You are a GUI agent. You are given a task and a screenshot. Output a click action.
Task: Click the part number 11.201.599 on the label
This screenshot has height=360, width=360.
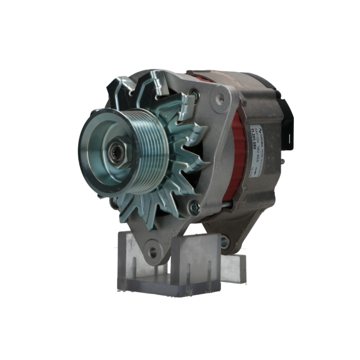[253, 143]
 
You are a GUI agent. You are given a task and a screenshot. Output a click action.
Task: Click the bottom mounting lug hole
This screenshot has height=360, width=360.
[153, 252]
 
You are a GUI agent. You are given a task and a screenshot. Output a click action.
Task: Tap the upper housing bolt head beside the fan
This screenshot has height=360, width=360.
[195, 96]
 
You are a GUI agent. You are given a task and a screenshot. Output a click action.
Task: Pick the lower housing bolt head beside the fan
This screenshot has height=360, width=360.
[194, 207]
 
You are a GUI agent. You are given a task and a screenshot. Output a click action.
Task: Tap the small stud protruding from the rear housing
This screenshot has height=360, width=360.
[283, 162]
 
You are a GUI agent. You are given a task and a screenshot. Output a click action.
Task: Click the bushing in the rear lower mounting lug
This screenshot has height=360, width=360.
[225, 242]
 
